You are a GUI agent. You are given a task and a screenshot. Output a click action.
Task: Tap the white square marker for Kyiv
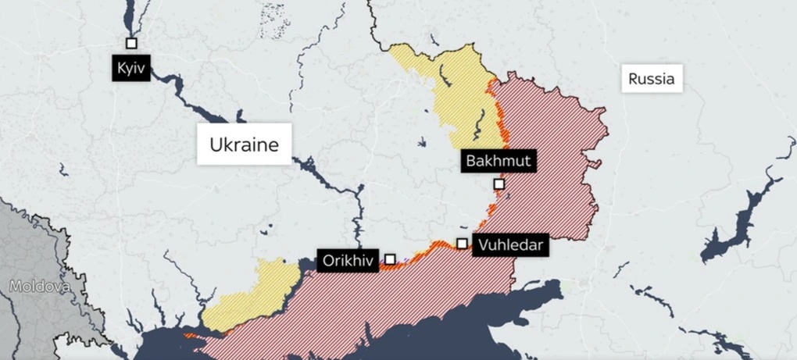click(131, 44)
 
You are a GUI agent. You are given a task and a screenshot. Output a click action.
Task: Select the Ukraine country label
click(244, 144)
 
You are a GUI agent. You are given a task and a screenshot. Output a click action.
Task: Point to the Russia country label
click(651, 79)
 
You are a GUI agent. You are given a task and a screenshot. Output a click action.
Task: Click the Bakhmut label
click(498, 161)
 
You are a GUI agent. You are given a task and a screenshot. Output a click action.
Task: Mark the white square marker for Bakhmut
click(499, 184)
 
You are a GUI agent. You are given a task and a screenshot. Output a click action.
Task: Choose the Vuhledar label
click(508, 245)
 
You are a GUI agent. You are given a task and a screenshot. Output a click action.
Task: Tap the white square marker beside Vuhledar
click(463, 244)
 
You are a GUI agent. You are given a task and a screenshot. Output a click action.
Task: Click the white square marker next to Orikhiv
click(390, 259)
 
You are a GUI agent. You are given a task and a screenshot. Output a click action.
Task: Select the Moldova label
click(39, 287)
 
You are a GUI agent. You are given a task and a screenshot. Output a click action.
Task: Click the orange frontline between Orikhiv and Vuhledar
click(426, 251)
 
